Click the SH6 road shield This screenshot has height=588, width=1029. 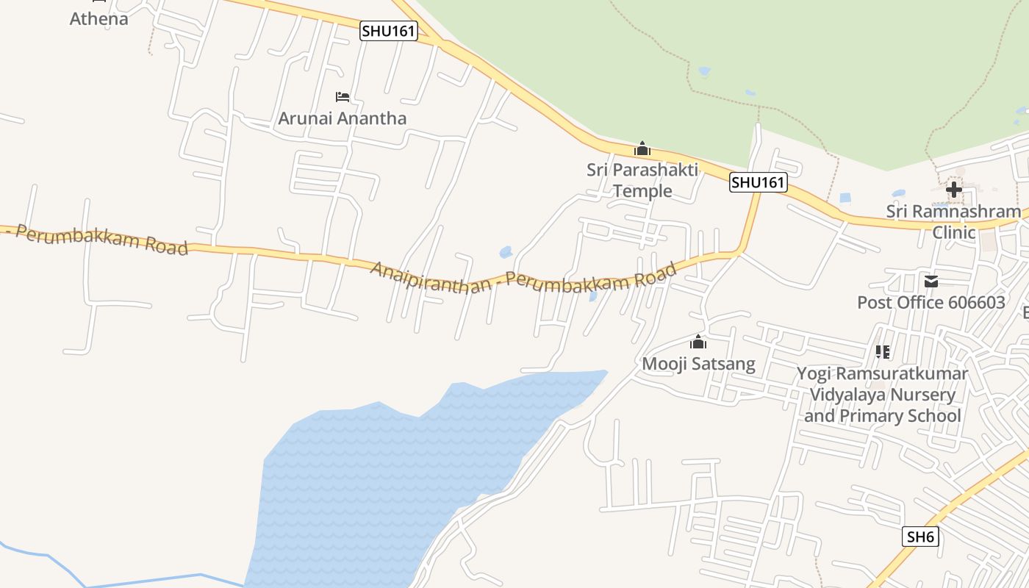click(920, 537)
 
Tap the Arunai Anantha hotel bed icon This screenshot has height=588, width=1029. click(343, 96)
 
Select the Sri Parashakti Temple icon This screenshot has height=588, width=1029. click(642, 148)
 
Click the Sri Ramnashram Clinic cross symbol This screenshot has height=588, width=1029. click(953, 190)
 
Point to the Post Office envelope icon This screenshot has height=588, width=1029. click(931, 282)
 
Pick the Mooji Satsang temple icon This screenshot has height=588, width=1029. click(698, 342)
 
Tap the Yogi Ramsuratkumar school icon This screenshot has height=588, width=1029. click(883, 352)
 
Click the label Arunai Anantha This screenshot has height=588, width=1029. click(342, 118)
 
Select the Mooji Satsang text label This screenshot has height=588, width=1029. click(698, 364)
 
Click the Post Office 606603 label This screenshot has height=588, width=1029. click(931, 303)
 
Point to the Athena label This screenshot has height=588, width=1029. click(98, 19)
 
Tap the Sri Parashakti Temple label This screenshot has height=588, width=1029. click(642, 180)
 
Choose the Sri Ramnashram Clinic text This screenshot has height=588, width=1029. click(953, 222)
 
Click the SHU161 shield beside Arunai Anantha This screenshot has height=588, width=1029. click(389, 31)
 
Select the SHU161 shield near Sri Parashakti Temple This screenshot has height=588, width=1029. click(759, 182)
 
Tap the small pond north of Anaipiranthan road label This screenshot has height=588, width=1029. click(506, 252)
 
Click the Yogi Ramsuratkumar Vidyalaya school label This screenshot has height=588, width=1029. click(882, 395)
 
